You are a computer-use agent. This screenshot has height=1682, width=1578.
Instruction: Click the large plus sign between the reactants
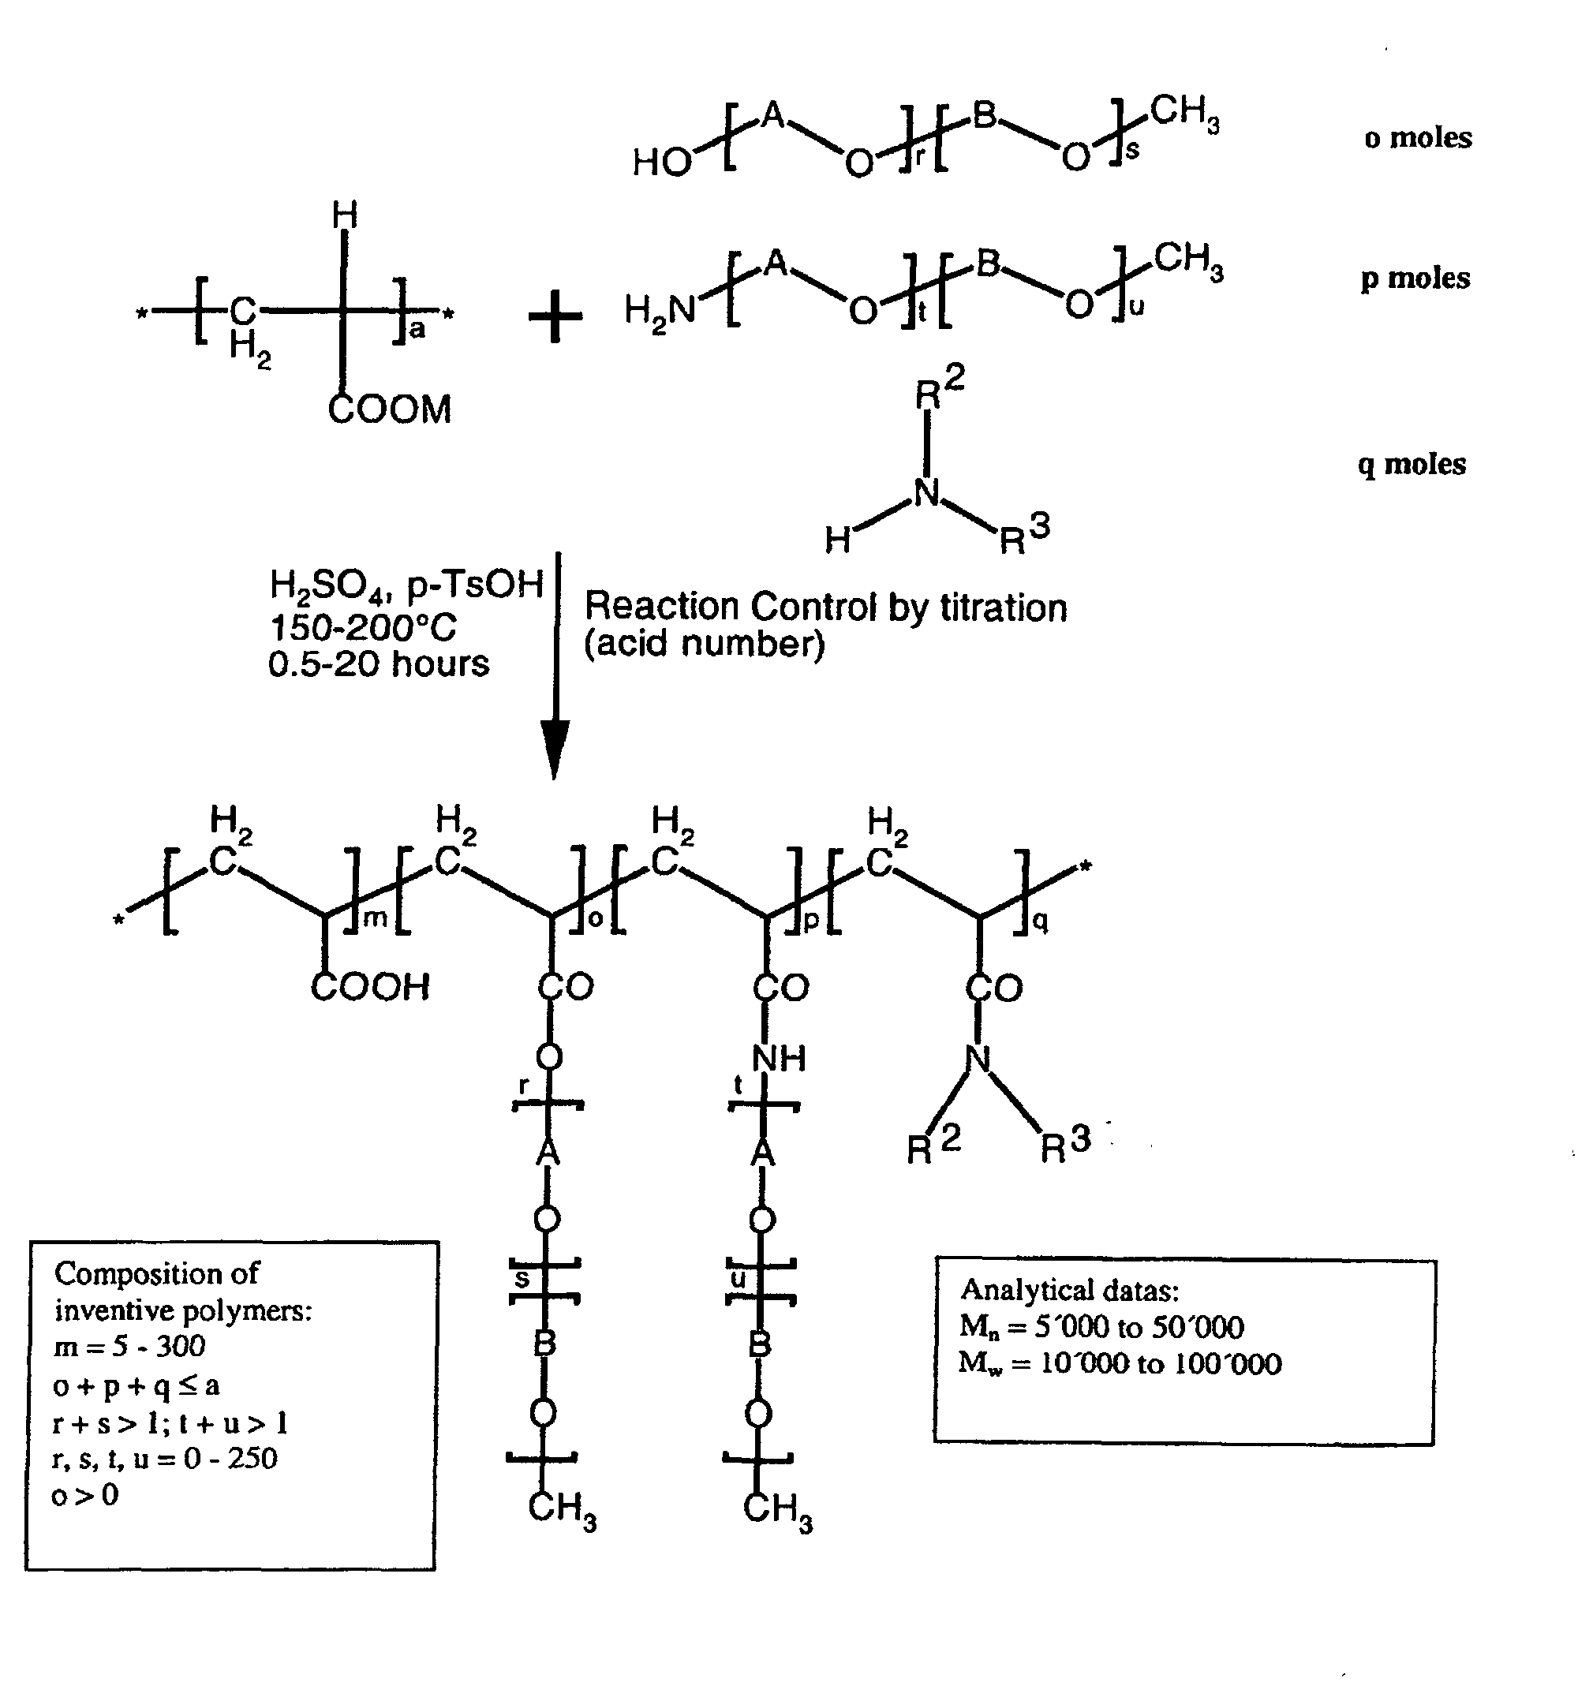click(x=555, y=315)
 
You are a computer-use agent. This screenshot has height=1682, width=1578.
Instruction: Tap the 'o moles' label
click(x=1417, y=138)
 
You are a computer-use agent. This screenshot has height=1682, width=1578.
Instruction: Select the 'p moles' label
click(x=1415, y=278)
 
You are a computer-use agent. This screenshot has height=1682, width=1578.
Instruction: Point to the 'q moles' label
click(x=1412, y=464)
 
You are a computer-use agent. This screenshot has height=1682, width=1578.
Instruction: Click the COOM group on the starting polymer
click(x=389, y=409)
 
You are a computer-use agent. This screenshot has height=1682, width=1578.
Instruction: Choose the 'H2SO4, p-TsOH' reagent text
click(x=406, y=585)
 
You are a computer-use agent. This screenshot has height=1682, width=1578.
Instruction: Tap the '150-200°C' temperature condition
click(x=363, y=628)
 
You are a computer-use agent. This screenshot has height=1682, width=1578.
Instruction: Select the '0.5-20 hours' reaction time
click(x=378, y=664)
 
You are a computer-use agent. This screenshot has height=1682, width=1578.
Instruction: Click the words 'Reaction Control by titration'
click(x=826, y=607)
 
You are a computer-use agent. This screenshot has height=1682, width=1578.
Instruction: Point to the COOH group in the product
click(x=370, y=986)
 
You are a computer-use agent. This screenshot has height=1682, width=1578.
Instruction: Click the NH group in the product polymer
click(x=779, y=1058)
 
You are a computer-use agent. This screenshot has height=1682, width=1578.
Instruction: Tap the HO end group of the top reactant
click(x=661, y=163)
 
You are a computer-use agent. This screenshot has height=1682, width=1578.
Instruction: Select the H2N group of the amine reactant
click(x=659, y=312)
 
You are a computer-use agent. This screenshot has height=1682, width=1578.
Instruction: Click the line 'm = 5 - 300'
click(x=129, y=1345)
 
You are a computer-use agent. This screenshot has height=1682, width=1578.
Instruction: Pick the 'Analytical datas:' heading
click(x=1069, y=1290)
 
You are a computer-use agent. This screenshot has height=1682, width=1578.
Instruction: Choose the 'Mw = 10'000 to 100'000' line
click(x=1120, y=1363)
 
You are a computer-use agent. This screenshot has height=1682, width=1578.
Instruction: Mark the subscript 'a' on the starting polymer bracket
click(x=417, y=330)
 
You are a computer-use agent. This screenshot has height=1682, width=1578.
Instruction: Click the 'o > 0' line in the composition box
click(x=84, y=1495)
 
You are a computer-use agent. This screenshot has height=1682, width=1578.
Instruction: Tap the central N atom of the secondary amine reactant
click(x=927, y=492)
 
